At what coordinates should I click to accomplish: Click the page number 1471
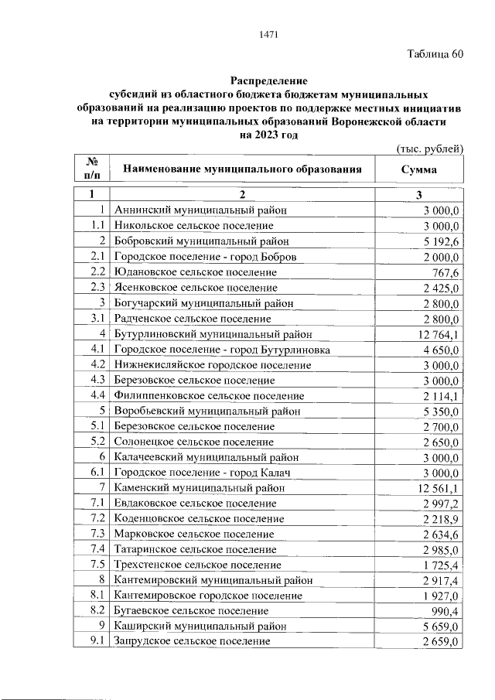point(268,34)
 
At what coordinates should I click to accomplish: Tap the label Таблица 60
point(435,54)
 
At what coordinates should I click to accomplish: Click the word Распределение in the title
point(268,80)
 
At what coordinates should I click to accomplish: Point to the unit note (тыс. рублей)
point(429,148)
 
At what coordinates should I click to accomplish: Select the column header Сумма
point(418,169)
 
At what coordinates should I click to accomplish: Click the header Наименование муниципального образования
point(241,169)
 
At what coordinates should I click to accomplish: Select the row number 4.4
point(97,395)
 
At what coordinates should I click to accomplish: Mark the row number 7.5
point(97,565)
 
